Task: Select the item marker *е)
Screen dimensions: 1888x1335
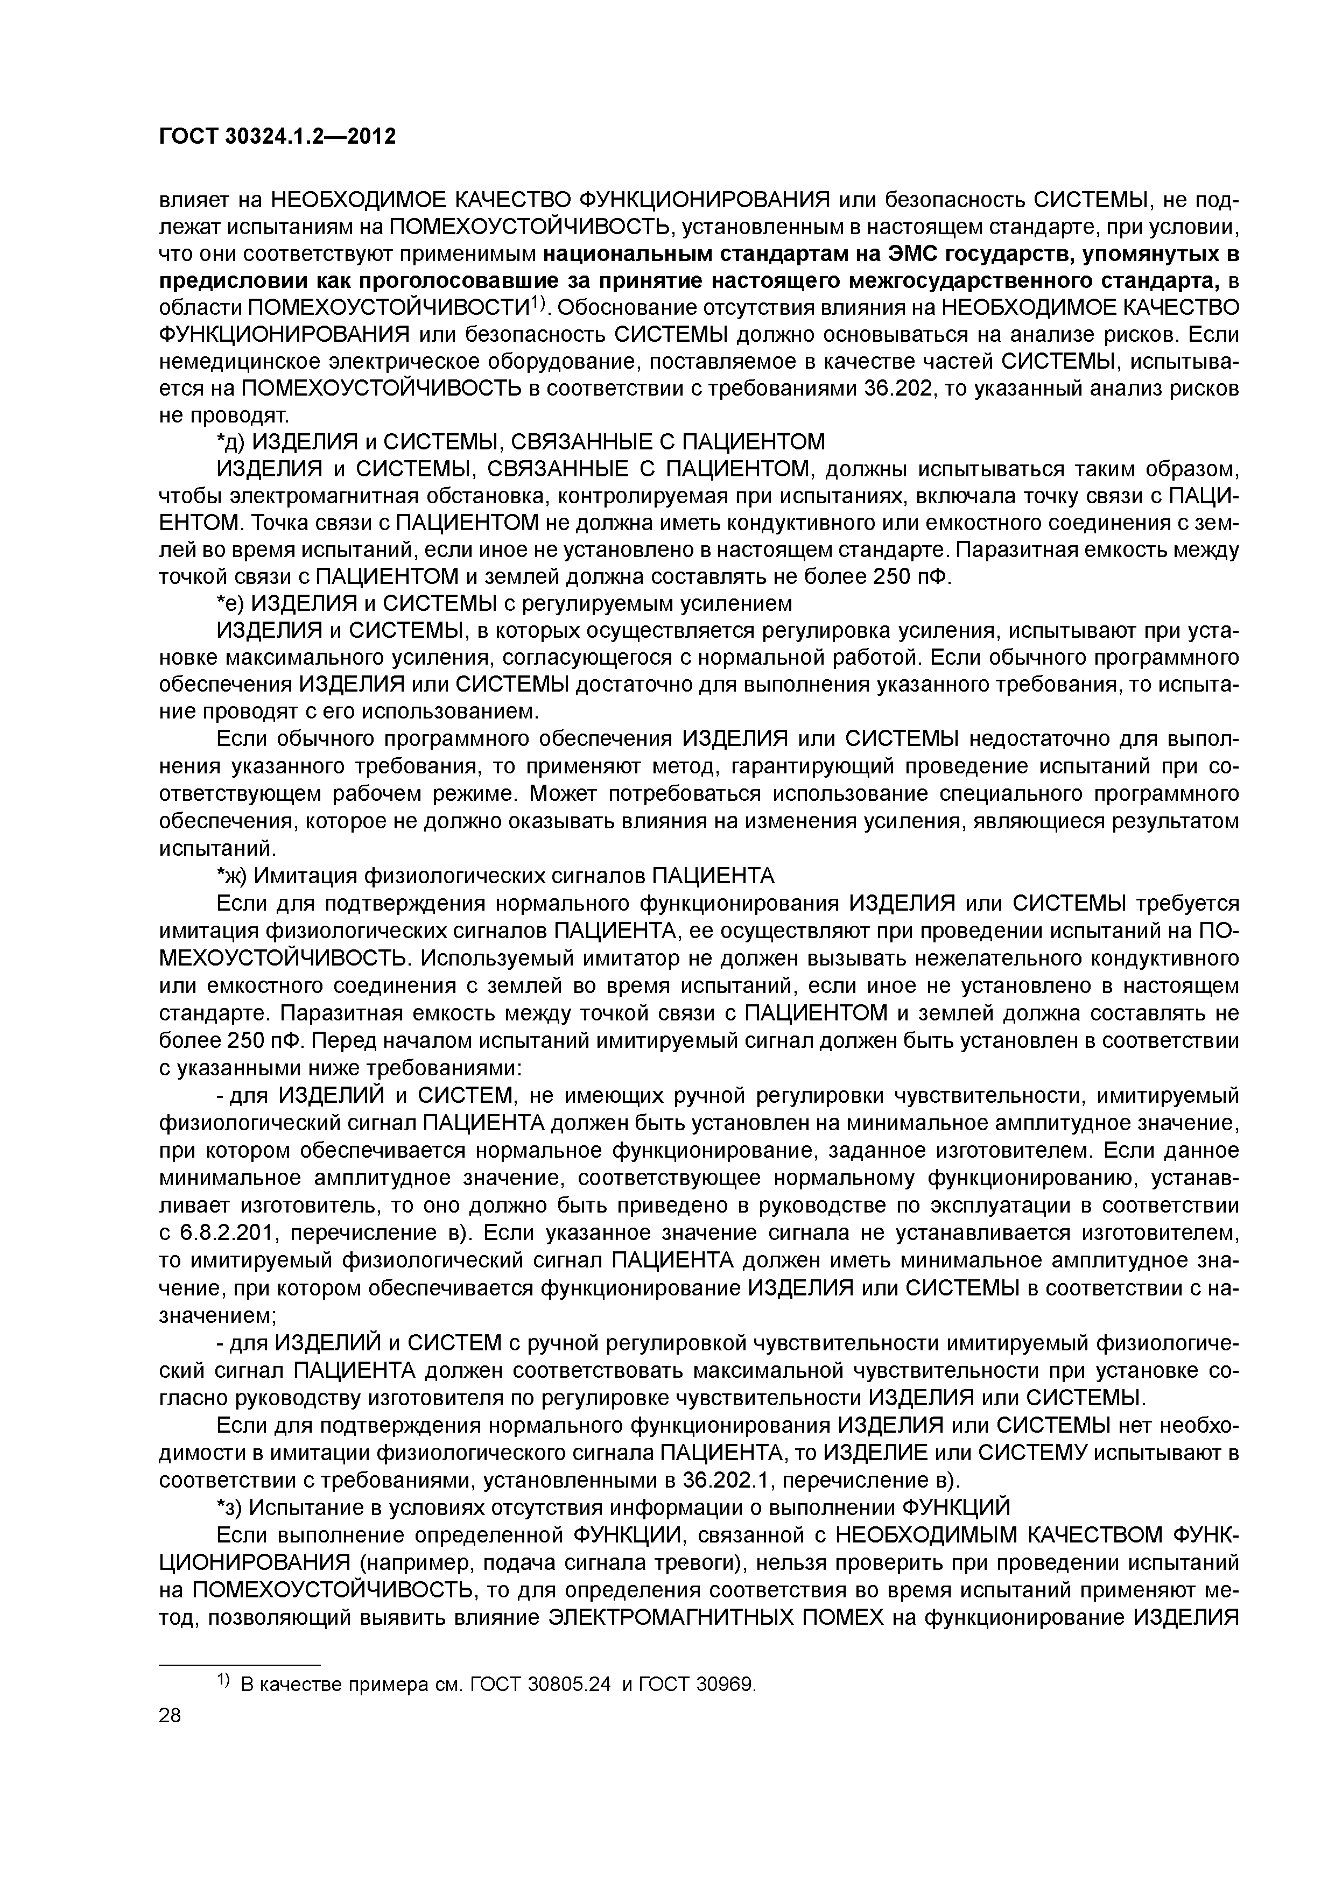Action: click(230, 603)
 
